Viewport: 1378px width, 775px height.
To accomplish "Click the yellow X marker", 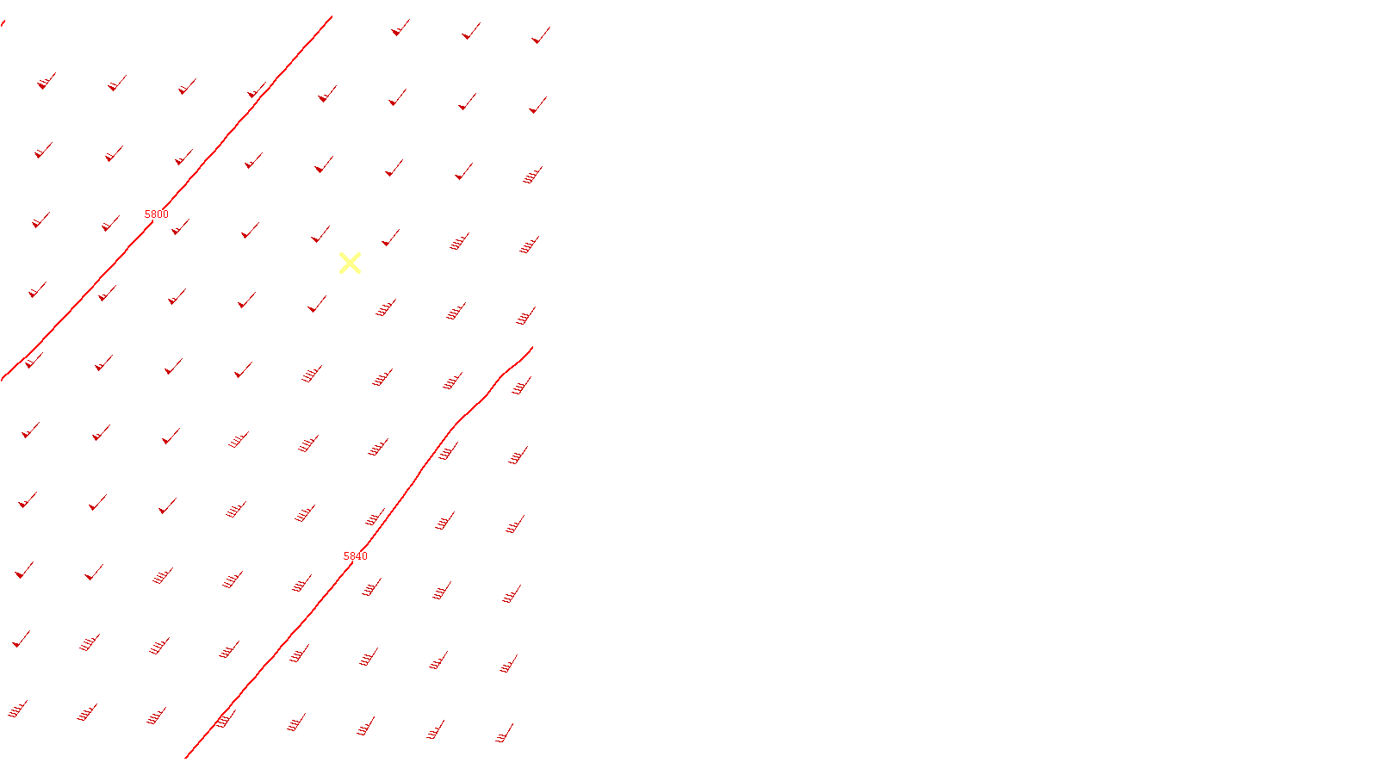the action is click(x=350, y=263).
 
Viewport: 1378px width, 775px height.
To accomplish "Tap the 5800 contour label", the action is click(x=157, y=214).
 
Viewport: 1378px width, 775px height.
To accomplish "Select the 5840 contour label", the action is click(x=356, y=556).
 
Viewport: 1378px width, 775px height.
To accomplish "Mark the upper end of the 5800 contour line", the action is click(x=332, y=16).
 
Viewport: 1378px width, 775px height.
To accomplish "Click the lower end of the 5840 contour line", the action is click(x=186, y=758).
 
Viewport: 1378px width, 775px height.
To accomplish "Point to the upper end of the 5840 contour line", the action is click(x=532, y=347).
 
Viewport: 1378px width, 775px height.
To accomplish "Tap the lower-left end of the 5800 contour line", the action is click(x=3, y=379).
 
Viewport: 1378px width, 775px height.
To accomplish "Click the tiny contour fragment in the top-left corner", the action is click(x=3, y=22).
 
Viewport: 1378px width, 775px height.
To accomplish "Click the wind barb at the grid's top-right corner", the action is click(x=540, y=35).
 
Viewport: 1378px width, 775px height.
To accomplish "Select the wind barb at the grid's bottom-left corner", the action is click(x=17, y=710).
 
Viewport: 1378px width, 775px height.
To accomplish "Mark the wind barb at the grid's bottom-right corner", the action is click(x=505, y=734).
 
